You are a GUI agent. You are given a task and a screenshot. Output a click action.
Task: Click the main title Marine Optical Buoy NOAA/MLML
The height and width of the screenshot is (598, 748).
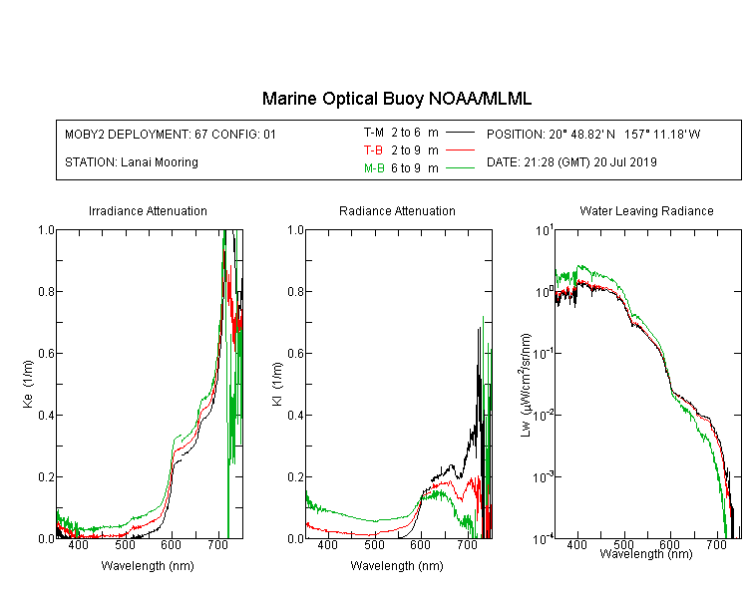click(x=396, y=99)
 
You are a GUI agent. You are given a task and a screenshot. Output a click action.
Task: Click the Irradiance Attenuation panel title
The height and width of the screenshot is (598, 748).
click(x=148, y=210)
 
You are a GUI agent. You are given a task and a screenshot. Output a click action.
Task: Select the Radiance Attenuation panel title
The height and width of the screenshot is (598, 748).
click(x=397, y=210)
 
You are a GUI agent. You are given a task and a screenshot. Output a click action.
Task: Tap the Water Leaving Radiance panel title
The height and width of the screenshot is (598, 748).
click(x=646, y=210)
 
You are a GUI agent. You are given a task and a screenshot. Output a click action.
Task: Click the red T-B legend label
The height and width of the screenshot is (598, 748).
click(x=373, y=150)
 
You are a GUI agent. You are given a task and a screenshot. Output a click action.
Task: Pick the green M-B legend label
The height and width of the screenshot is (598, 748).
click(x=374, y=167)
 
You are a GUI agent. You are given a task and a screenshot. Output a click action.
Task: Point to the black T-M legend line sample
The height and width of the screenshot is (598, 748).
click(x=460, y=133)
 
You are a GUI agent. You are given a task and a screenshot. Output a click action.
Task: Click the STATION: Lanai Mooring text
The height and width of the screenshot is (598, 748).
click(x=132, y=162)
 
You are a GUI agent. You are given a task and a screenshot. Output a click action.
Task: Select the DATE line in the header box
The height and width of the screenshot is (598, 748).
click(x=571, y=162)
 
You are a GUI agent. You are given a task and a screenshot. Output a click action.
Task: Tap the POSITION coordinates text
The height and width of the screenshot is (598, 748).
click(x=593, y=134)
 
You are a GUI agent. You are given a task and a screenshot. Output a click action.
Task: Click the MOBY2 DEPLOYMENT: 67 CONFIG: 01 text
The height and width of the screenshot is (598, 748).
click(x=171, y=134)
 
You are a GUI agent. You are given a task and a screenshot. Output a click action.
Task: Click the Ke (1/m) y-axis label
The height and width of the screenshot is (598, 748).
click(x=28, y=384)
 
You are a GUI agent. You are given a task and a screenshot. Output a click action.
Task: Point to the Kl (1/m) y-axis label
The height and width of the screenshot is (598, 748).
click(x=276, y=384)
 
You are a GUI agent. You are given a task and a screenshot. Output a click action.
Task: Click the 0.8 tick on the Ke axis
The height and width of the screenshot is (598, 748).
click(x=46, y=291)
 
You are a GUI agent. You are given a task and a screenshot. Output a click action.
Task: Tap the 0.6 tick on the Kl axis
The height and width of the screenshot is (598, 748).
click(x=295, y=354)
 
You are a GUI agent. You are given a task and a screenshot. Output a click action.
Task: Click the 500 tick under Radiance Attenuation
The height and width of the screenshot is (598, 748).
click(x=374, y=544)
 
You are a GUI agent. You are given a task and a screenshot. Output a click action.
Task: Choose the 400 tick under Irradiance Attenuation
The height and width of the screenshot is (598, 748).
click(x=78, y=544)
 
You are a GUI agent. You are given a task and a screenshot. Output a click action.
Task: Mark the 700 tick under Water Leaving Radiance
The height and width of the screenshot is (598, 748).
click(x=716, y=544)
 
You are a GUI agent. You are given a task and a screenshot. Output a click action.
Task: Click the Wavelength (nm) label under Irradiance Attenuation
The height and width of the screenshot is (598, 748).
click(x=148, y=566)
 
